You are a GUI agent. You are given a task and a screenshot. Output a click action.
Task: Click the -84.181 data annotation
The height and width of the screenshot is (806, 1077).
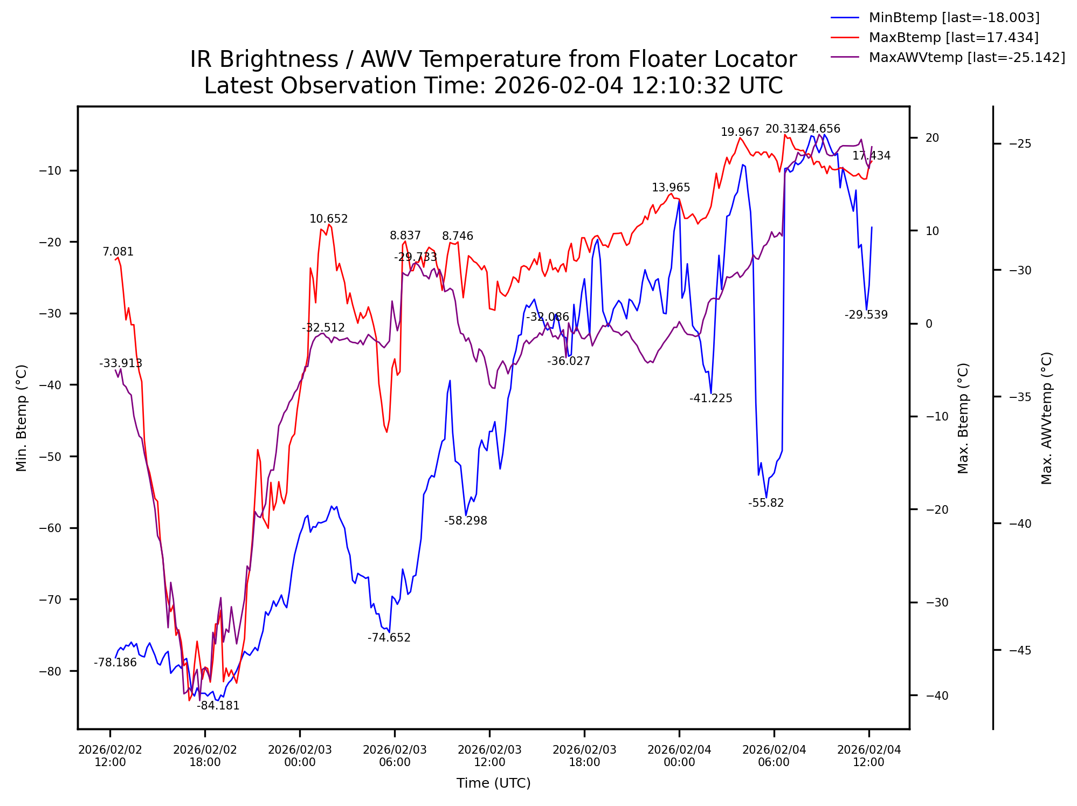click(218, 706)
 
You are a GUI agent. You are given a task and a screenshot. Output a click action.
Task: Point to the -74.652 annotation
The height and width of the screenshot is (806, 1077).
click(389, 638)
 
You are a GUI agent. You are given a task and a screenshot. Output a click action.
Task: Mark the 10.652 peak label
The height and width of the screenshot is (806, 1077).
click(328, 219)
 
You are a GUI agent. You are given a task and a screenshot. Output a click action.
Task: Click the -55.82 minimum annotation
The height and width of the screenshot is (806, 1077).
click(765, 503)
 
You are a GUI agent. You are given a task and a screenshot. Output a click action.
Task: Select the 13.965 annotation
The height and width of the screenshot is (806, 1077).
click(671, 188)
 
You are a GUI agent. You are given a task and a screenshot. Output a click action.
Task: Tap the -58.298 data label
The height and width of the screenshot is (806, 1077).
click(465, 521)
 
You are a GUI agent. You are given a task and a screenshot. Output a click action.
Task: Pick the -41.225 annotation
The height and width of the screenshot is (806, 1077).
click(710, 398)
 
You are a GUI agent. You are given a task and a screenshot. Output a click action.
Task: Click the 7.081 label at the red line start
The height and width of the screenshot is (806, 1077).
click(118, 252)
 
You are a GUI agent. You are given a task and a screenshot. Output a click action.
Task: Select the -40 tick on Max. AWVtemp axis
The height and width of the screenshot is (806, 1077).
click(1019, 523)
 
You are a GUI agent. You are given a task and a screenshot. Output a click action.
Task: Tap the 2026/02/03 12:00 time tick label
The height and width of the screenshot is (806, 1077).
click(489, 756)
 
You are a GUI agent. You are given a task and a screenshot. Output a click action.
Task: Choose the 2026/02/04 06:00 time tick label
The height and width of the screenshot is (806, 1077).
click(774, 756)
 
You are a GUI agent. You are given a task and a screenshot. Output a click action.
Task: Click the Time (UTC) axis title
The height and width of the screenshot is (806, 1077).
click(493, 783)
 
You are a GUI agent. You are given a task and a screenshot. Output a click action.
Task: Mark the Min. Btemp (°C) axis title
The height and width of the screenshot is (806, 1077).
click(22, 418)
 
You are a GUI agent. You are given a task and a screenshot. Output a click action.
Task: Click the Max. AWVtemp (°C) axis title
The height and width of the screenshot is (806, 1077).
click(1046, 418)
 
